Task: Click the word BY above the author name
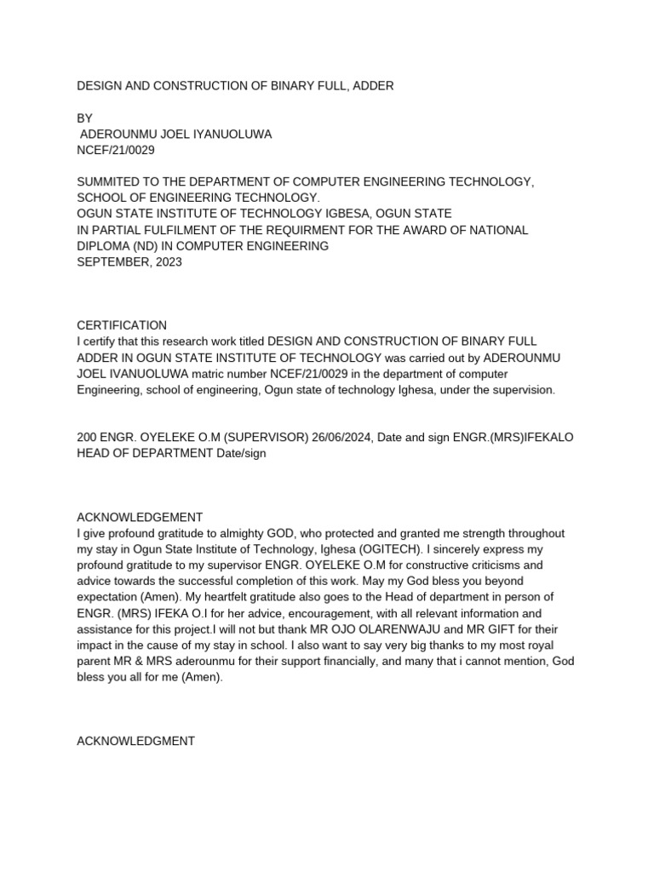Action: (85, 118)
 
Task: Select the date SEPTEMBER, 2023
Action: (129, 262)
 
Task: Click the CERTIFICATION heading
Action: (122, 325)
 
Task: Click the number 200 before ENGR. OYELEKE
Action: (88, 437)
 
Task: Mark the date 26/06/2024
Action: (341, 437)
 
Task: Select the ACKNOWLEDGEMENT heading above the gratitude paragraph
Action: (140, 517)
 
